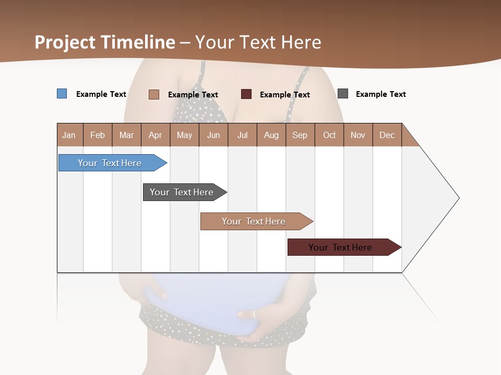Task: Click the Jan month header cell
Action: click(x=69, y=135)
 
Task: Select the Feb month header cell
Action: click(x=98, y=135)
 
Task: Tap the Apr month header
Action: click(x=156, y=135)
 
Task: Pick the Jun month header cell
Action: click(x=213, y=135)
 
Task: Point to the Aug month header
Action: click(x=271, y=135)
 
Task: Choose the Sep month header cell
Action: click(x=300, y=135)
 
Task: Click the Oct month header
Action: click(x=329, y=135)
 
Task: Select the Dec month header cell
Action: click(x=387, y=135)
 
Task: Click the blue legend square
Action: click(x=62, y=94)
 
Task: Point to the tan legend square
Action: click(x=154, y=94)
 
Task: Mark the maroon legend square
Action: click(x=246, y=94)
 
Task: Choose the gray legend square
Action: click(x=343, y=94)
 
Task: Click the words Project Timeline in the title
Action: click(x=105, y=42)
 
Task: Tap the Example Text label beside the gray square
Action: click(x=381, y=94)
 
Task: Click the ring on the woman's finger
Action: click(x=254, y=314)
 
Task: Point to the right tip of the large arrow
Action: click(x=458, y=198)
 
